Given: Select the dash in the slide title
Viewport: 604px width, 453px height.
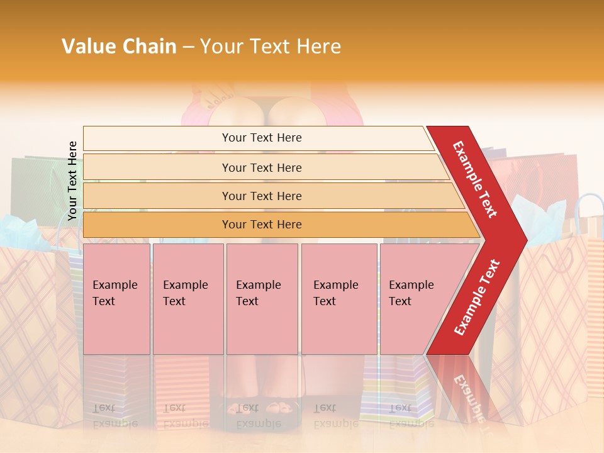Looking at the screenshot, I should coord(188,47).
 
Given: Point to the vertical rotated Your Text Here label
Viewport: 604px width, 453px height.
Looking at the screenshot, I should coord(72,181).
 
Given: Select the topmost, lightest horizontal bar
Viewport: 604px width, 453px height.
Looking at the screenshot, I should coord(258,138).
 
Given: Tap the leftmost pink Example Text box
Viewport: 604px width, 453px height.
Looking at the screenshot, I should coord(116,299).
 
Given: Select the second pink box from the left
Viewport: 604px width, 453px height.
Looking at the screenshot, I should coord(188,299).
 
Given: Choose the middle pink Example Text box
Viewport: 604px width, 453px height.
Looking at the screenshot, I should coord(262,299).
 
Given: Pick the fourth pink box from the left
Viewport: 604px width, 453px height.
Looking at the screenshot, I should coord(339,299).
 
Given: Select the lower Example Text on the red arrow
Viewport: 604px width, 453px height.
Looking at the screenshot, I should coord(476,298).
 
